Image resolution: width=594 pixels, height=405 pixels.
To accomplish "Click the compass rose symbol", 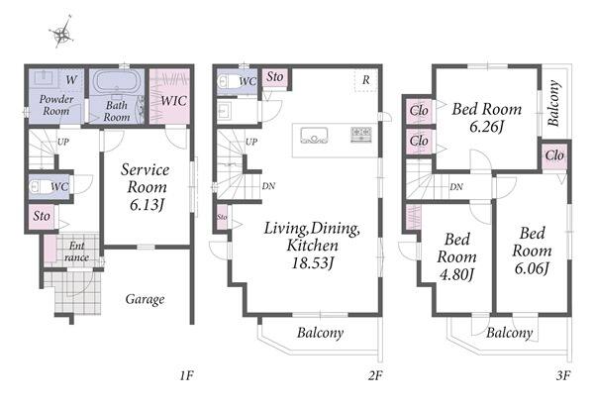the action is pos(61,33).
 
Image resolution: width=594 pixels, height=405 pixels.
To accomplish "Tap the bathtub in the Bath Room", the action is pos(116,81).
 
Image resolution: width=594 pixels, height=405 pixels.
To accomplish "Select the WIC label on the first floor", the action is pos(174,101).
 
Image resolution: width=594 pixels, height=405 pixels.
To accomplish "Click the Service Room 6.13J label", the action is pos(146,187).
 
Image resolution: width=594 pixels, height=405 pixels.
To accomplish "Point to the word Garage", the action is pos(146,299).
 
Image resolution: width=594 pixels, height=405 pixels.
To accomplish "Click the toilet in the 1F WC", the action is pos(39,186).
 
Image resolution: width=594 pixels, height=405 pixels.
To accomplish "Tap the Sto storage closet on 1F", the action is pos(42,217).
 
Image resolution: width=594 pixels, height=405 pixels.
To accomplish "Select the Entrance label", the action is pos(76,252).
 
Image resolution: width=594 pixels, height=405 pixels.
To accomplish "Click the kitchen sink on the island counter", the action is pos(314,136).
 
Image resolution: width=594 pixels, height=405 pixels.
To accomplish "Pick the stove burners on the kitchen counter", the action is pos(361,135).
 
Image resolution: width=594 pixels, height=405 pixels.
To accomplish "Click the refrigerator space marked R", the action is pos(366,80).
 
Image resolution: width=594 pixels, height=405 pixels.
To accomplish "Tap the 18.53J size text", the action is pos(313,263).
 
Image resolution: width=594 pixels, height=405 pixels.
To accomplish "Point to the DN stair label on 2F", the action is pos(268,186).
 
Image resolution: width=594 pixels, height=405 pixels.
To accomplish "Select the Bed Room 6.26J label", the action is pos(487,118).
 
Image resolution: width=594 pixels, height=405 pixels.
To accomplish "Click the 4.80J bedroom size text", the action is pos(456,274).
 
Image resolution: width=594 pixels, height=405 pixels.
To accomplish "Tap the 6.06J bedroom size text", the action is pos(532,268).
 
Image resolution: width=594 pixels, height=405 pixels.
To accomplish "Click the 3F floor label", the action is pos(563,375).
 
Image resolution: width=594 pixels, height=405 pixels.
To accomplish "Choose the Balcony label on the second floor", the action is pos(321,333).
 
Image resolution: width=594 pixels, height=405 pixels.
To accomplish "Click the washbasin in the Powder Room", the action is pos(44,78).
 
